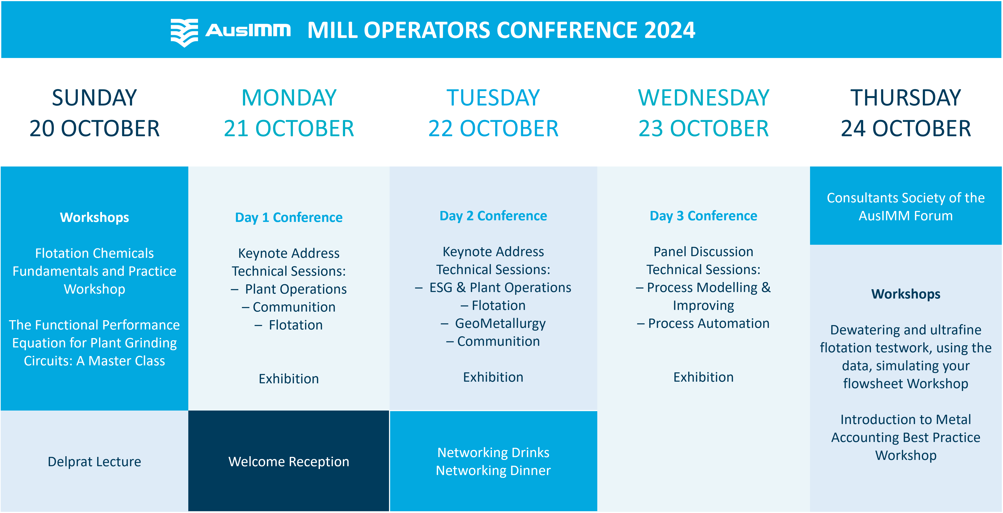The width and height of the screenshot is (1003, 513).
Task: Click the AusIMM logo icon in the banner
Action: (x=184, y=33)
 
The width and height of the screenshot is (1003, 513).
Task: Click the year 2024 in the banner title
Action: (x=670, y=30)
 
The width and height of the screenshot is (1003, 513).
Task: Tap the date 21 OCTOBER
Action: (x=289, y=129)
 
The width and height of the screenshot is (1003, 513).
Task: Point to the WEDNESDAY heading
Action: (x=704, y=98)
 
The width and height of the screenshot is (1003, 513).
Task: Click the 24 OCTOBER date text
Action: (x=906, y=129)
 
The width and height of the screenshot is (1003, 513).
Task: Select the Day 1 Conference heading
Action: (x=289, y=217)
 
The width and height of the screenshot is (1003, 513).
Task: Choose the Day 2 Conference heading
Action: (x=493, y=216)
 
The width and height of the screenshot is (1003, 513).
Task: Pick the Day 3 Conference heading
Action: (x=704, y=216)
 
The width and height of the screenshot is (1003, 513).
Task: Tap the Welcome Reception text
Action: (x=289, y=462)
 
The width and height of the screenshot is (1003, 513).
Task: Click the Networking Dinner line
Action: (x=493, y=471)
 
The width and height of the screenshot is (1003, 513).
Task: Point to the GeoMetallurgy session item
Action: (x=500, y=324)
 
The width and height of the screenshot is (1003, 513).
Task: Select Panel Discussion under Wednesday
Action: (x=704, y=252)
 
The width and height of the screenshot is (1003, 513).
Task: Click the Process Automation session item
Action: (x=709, y=324)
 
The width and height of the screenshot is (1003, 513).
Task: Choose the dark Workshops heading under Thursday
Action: (x=906, y=294)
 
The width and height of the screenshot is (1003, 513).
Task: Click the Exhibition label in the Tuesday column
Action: (x=493, y=377)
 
